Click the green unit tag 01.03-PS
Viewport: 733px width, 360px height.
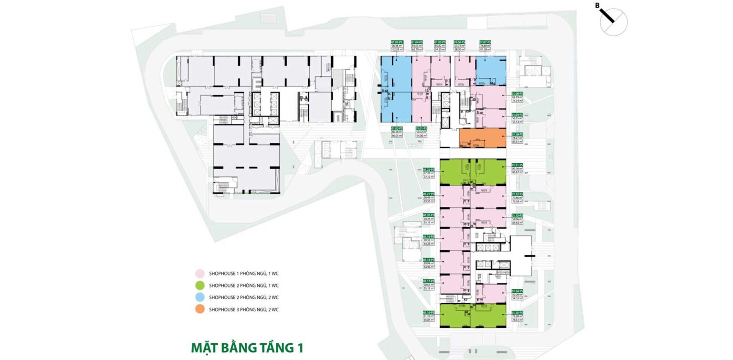397,42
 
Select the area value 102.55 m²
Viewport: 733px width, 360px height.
397,49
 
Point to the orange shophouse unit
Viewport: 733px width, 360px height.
482,138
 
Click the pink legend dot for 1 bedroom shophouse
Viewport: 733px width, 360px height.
200,274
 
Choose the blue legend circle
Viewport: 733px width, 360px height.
200,297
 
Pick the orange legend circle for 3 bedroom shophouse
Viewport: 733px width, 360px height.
200,309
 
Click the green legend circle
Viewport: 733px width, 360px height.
200,286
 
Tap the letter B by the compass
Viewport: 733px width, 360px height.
597,5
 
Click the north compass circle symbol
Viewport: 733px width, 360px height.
614,22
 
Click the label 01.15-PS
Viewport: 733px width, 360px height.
517,312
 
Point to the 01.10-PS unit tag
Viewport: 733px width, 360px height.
517,135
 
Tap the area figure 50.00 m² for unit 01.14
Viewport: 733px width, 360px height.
517,295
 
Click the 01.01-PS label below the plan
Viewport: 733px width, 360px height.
420,128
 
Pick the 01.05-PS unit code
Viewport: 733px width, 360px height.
440,42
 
